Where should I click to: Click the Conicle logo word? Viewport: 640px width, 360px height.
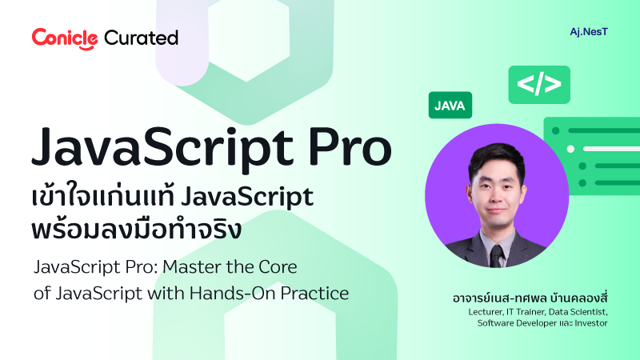point(65,37)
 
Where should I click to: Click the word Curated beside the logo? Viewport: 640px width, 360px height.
point(141,37)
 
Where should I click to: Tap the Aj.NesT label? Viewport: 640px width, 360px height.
point(582,34)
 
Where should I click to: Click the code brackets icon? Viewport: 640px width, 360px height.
point(539,84)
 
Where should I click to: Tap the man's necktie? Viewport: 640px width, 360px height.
point(497,254)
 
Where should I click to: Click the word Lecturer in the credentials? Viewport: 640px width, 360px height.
point(490,312)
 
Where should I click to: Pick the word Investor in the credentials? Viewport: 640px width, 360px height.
point(588,323)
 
